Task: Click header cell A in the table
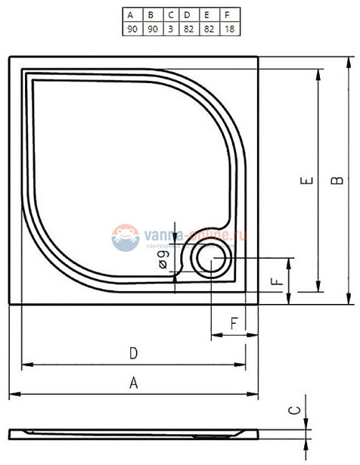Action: click(x=131, y=14)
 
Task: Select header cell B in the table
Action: click(x=151, y=14)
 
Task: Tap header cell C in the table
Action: click(x=170, y=14)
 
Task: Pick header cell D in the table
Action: click(x=188, y=14)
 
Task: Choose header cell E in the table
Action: click(x=208, y=14)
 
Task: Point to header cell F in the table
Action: click(x=228, y=14)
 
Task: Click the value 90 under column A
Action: click(x=131, y=28)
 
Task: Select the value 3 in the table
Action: click(x=170, y=28)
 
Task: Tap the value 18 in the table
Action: click(x=228, y=28)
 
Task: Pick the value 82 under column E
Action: click(x=208, y=28)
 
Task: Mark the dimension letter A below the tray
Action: click(x=133, y=383)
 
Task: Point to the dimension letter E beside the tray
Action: click(x=305, y=182)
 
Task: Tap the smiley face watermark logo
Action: click(x=125, y=237)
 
